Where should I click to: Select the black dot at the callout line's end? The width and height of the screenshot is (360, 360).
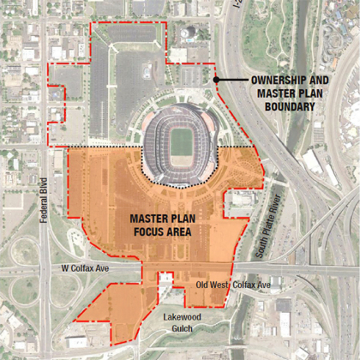[217, 80]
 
